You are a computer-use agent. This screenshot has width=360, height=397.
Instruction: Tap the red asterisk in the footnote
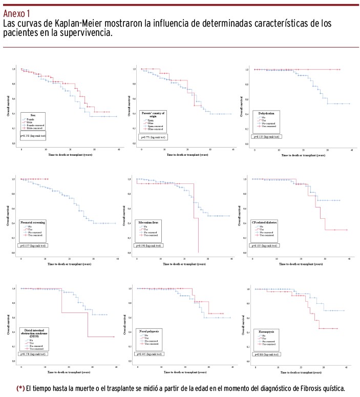21,387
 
